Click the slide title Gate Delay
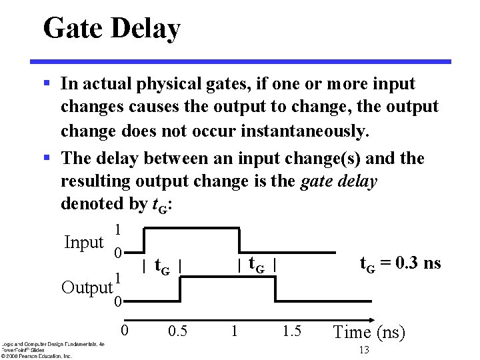111,29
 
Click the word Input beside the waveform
83,242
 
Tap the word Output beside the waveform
86,287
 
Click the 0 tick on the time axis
124,330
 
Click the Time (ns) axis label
369,332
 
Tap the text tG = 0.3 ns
400,263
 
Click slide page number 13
363,351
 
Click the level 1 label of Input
117,229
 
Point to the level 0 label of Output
117,302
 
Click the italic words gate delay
339,181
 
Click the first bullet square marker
47,84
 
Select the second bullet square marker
47,159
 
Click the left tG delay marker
162,267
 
